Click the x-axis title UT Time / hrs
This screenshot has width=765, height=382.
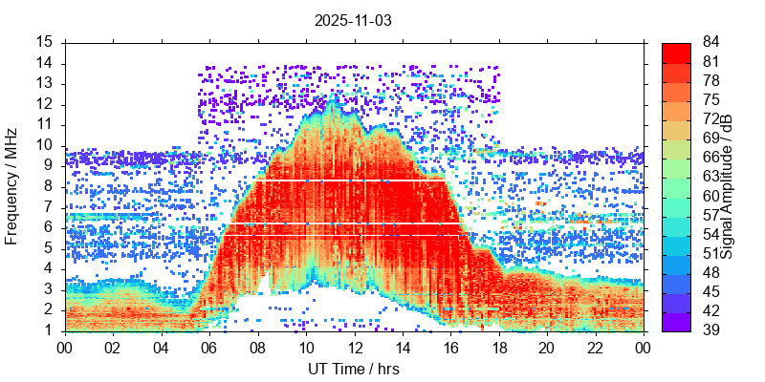pos(354,369)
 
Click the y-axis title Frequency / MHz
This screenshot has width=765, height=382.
pos(12,187)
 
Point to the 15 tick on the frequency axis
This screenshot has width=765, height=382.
pos(45,42)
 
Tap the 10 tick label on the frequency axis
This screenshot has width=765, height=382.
pos(45,145)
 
